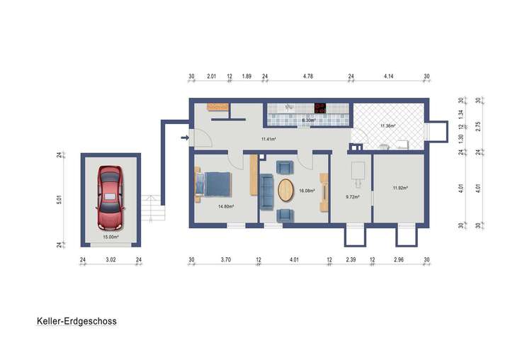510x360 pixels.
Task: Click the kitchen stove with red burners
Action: (320, 109)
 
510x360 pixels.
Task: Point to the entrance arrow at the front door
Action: (186, 137)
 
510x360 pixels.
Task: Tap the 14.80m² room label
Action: (225, 206)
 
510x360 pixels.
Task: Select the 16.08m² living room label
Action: (307, 191)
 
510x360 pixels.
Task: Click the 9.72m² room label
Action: (352, 196)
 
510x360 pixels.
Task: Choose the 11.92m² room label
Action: (401, 188)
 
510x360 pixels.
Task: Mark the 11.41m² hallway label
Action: (268, 139)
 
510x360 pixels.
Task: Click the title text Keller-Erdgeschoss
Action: (76, 320)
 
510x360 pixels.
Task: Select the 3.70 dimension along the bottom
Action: (225, 260)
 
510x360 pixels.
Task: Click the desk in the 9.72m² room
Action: (358, 171)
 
